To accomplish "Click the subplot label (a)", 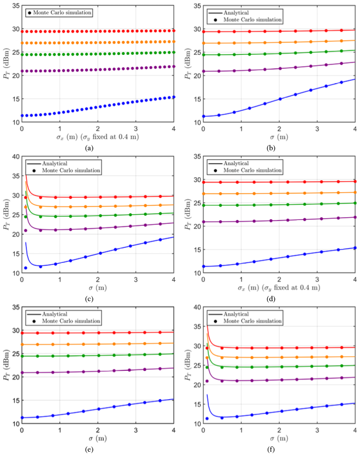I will pyautogui.click(x=89, y=148).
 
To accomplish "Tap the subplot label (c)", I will pyautogui.click(x=89, y=299).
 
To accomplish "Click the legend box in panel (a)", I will pyautogui.click(x=59, y=13).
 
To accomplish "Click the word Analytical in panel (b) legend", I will pyautogui.click(x=233, y=13).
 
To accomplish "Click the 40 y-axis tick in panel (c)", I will pyautogui.click(x=15, y=156).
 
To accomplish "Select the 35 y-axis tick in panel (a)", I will pyautogui.click(x=15, y=6).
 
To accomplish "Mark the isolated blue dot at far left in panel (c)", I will pyautogui.click(x=26, y=268).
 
